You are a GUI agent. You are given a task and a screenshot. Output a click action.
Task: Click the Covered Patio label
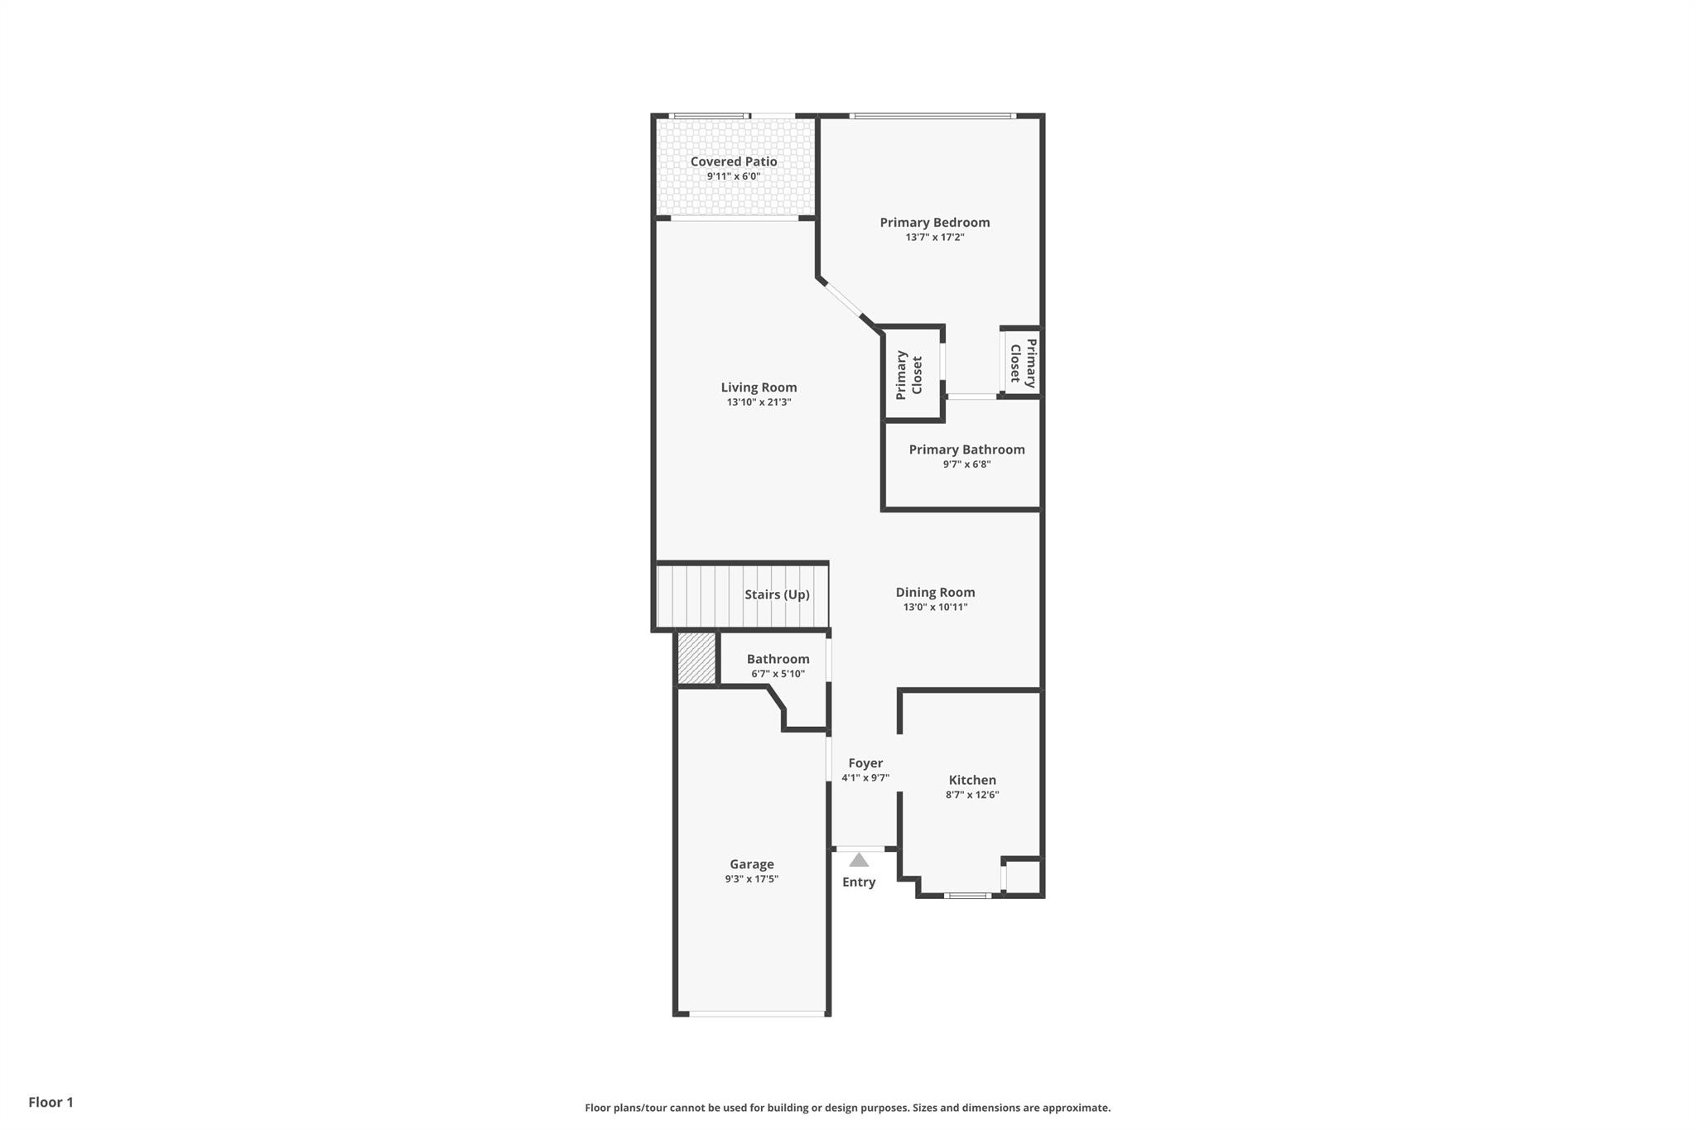(734, 161)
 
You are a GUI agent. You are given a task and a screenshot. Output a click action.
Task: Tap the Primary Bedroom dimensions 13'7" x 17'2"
(934, 238)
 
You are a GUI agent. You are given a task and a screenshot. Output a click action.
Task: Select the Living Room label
(759, 387)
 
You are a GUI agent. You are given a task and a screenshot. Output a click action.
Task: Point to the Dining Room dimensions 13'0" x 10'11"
(935, 607)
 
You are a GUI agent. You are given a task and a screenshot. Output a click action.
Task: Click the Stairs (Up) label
(777, 594)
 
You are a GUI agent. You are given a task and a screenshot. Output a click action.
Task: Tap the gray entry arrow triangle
(859, 860)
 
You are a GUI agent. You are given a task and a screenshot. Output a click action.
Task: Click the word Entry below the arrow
(859, 882)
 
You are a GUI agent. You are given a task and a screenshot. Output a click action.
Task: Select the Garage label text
(751, 864)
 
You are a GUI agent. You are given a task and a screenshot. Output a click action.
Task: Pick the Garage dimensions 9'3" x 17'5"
(751, 879)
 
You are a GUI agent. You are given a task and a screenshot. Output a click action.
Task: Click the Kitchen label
(972, 780)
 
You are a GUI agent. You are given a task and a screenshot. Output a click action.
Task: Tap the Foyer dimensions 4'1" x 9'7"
(865, 778)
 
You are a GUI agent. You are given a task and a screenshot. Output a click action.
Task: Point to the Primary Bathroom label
(966, 450)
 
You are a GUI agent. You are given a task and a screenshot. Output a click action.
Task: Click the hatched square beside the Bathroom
(696, 658)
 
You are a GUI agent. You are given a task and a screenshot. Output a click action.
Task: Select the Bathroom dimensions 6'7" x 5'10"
(778, 674)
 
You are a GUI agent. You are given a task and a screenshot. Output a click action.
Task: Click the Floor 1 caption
(51, 1102)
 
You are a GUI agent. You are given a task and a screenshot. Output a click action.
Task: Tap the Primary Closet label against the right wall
(1023, 363)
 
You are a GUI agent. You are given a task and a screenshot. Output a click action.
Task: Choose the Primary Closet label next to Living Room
(909, 375)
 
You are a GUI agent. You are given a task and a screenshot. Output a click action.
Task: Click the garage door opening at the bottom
(758, 1012)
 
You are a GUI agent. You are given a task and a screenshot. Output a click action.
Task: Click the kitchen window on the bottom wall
(967, 895)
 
